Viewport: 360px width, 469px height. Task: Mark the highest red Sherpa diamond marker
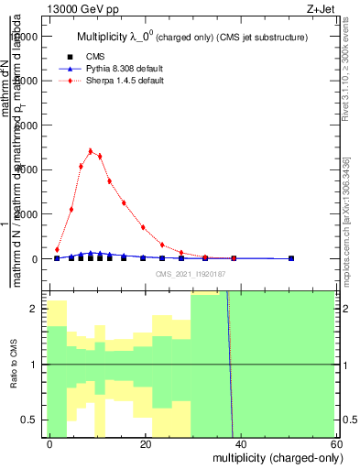tap(91, 151)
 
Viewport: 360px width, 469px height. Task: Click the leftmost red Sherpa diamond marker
tap(57, 249)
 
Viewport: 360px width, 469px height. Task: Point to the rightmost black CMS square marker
tap(291, 258)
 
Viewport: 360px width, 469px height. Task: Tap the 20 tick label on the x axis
tap(145, 443)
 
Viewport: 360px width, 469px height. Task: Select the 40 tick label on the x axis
tap(240, 443)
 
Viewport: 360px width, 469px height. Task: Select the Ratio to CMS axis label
tap(14, 365)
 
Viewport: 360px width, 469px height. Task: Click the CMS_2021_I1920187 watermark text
tap(190, 274)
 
